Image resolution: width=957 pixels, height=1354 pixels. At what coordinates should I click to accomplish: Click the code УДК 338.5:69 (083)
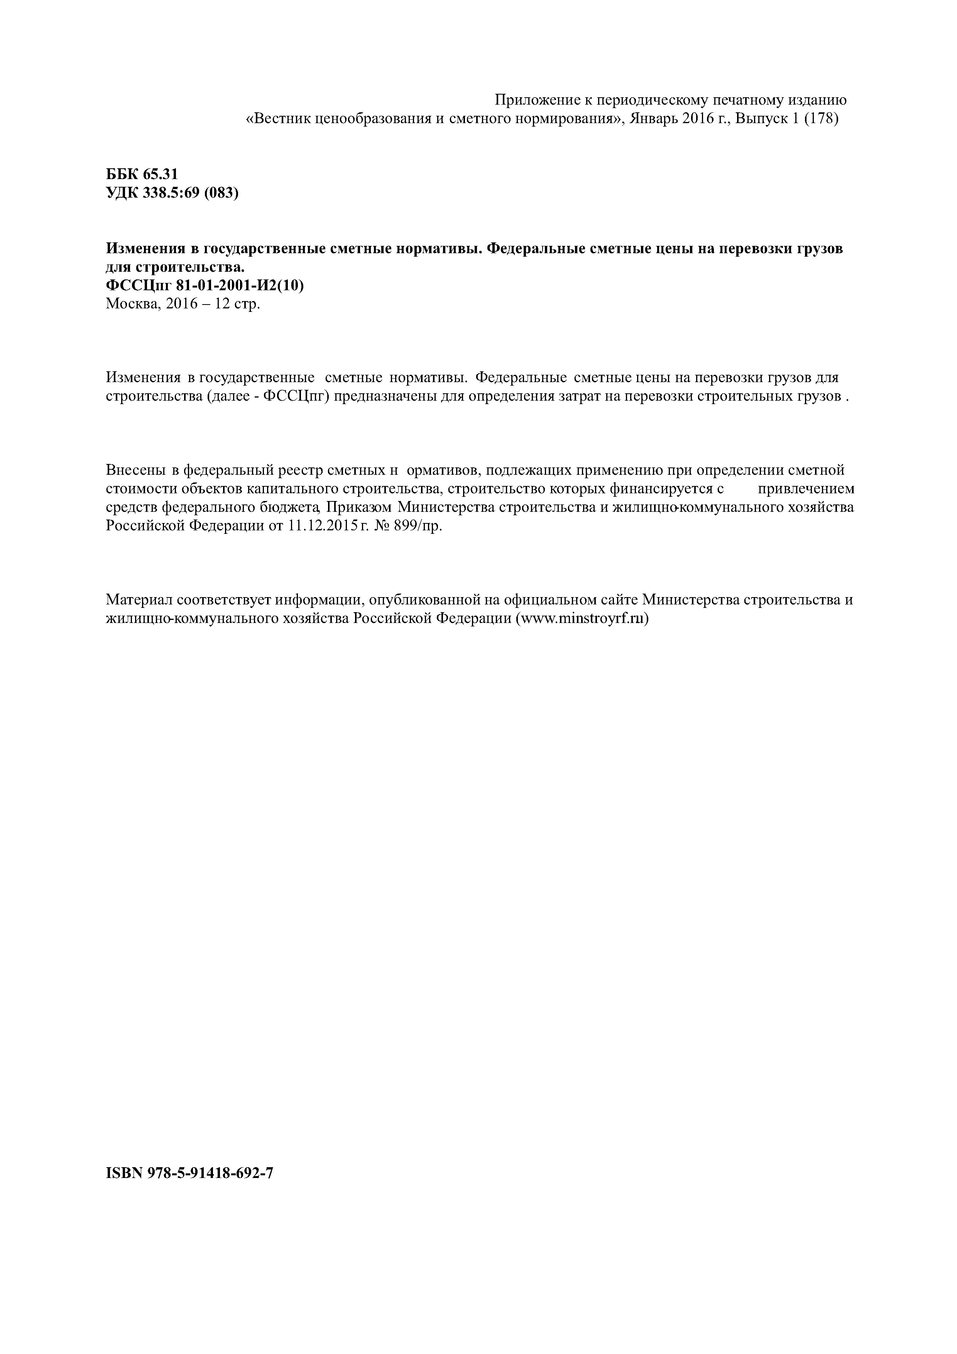[172, 193]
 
